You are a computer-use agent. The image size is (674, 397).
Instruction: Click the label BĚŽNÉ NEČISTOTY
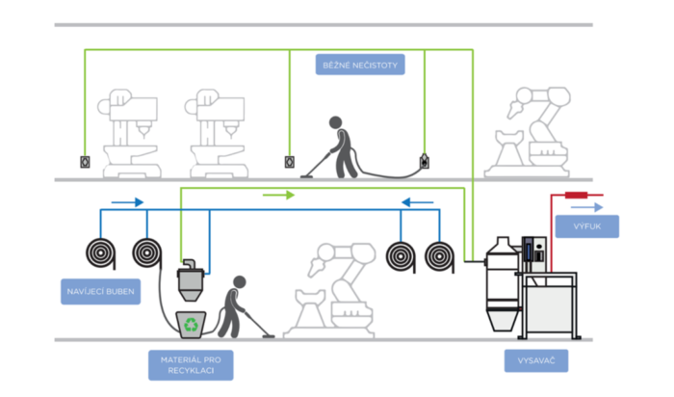tap(357, 66)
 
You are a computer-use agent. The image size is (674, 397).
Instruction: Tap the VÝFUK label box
tap(586, 226)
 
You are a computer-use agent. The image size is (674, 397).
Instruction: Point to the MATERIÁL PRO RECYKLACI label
tap(192, 365)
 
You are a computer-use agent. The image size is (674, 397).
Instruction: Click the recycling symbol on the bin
tap(194, 326)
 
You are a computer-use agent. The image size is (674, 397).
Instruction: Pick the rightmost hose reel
tap(442, 255)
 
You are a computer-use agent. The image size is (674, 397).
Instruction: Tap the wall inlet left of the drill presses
tap(84, 162)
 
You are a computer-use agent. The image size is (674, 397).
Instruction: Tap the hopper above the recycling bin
tap(191, 282)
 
